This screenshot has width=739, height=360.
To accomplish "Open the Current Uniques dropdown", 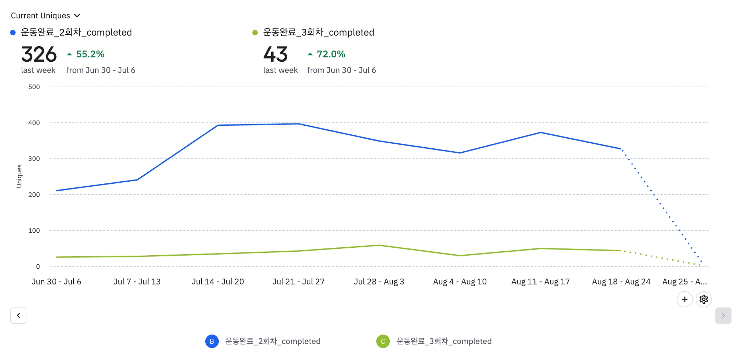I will pos(45,16).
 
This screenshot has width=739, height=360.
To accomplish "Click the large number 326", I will pos(39,55).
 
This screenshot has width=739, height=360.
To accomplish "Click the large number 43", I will pos(275,55).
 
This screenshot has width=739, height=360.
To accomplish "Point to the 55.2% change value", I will pos(90,54).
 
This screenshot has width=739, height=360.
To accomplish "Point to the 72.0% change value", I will pos(331,54).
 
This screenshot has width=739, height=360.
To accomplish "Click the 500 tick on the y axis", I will pos(34,87).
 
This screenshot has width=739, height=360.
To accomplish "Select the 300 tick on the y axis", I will pos(34,159).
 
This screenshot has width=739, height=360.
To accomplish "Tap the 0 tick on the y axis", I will pos(38,266).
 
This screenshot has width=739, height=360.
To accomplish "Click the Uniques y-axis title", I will pos(19,176).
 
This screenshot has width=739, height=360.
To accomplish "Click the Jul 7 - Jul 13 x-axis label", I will pos(137,282).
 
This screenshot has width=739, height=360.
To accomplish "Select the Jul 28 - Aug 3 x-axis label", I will pos(379,282).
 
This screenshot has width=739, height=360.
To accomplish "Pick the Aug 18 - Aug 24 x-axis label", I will pos(621,282).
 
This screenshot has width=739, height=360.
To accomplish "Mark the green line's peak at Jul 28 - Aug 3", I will pos(379,246).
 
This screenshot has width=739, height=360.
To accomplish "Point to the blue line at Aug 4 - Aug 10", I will pos(460,153).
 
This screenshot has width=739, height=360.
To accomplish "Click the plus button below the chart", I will pos(685,299).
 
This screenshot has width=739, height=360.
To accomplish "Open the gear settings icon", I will pos(704,299).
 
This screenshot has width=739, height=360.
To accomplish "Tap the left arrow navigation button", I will pos(18,316).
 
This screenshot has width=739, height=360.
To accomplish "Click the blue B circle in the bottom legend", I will pos(212,341).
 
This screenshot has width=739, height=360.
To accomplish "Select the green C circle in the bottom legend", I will pos(383,341).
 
